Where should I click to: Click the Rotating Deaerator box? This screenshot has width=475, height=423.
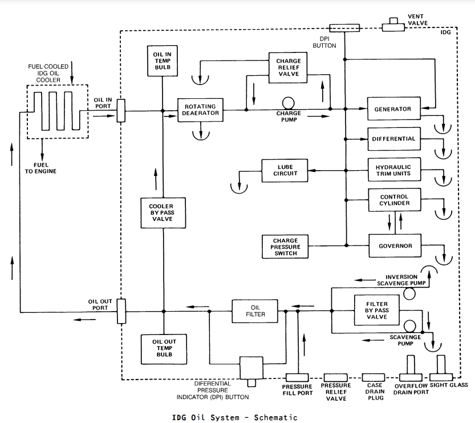coord(200,110)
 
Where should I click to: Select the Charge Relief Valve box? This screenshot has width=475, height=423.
coord(288,67)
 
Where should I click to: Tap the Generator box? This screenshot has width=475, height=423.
coord(394,108)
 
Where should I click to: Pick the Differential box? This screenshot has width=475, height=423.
coord(394,139)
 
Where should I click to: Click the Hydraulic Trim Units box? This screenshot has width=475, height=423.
coord(395,170)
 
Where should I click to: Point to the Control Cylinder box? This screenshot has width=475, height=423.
coord(395,200)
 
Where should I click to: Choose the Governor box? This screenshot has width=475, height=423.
coord(395,245)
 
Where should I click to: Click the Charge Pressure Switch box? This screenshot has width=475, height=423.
coord(285,247)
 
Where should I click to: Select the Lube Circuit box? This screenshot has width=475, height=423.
coord(285,171)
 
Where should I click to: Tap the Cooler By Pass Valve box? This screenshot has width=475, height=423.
coord(163,213)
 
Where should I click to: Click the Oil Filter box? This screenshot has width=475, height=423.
coord(255,311)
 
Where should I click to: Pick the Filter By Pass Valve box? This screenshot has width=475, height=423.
coord(376,310)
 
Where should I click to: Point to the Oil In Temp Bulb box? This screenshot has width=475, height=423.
coord(163,61)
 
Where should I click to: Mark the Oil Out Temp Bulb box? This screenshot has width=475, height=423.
coord(164,349)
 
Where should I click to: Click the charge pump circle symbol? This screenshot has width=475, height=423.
coord(288,103)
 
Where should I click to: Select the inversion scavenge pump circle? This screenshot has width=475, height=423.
coord(409,293)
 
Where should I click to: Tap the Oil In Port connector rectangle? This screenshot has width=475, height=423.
coord(121,111)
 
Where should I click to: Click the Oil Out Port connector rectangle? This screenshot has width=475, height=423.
coord(121,311)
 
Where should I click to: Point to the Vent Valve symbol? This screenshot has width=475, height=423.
coord(393,25)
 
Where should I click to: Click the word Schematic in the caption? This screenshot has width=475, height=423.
coord(275,417)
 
